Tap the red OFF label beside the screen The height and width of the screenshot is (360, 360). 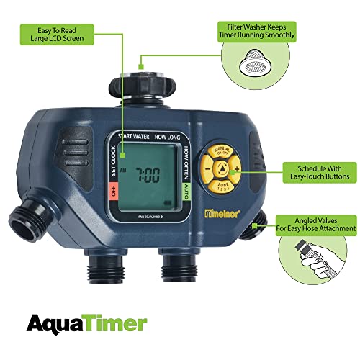112,192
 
